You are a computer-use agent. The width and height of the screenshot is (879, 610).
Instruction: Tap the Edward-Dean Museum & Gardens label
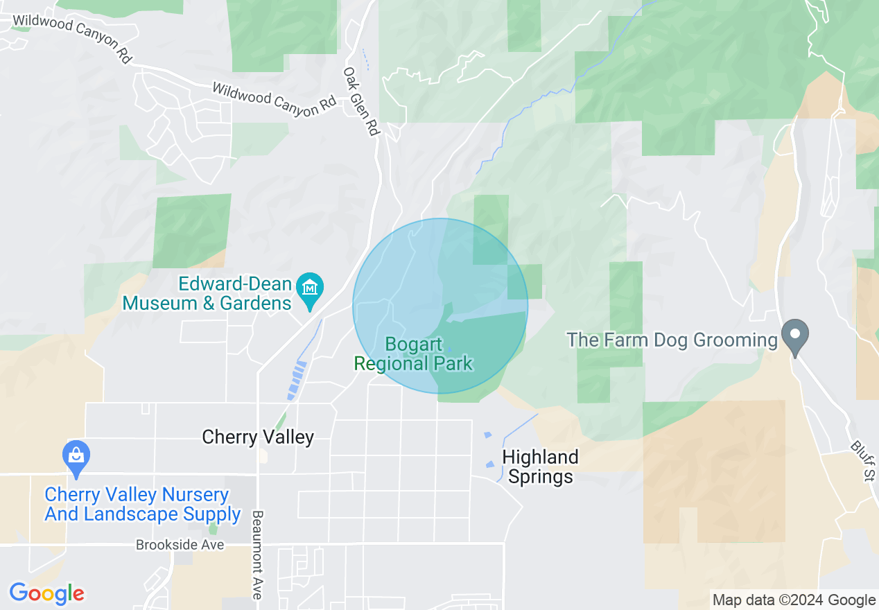(x=207, y=294)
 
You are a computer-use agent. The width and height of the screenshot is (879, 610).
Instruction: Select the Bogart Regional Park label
(x=413, y=354)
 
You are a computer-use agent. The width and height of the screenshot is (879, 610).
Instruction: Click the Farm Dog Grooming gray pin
(x=796, y=334)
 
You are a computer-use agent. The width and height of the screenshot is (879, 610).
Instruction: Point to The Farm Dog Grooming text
(x=672, y=340)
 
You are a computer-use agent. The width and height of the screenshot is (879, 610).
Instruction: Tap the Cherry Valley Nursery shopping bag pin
(x=76, y=457)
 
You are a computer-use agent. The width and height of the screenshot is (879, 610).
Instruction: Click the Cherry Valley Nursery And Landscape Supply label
(x=143, y=505)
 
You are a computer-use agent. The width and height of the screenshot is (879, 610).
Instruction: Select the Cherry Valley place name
(x=258, y=437)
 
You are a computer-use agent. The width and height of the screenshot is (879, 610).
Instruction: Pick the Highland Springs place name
(x=540, y=467)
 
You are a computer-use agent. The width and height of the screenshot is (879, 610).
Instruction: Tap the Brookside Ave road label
(x=180, y=545)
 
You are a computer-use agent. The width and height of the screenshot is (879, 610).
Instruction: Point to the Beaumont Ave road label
(x=257, y=555)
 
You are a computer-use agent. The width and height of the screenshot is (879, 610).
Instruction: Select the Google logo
(x=46, y=593)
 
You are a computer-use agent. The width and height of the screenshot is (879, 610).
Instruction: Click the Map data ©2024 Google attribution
(x=794, y=600)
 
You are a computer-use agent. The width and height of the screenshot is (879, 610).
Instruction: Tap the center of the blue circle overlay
(x=440, y=306)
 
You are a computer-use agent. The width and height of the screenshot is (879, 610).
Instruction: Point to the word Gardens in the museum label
(x=256, y=304)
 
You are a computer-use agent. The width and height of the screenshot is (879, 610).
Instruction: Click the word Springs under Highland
(x=541, y=477)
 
